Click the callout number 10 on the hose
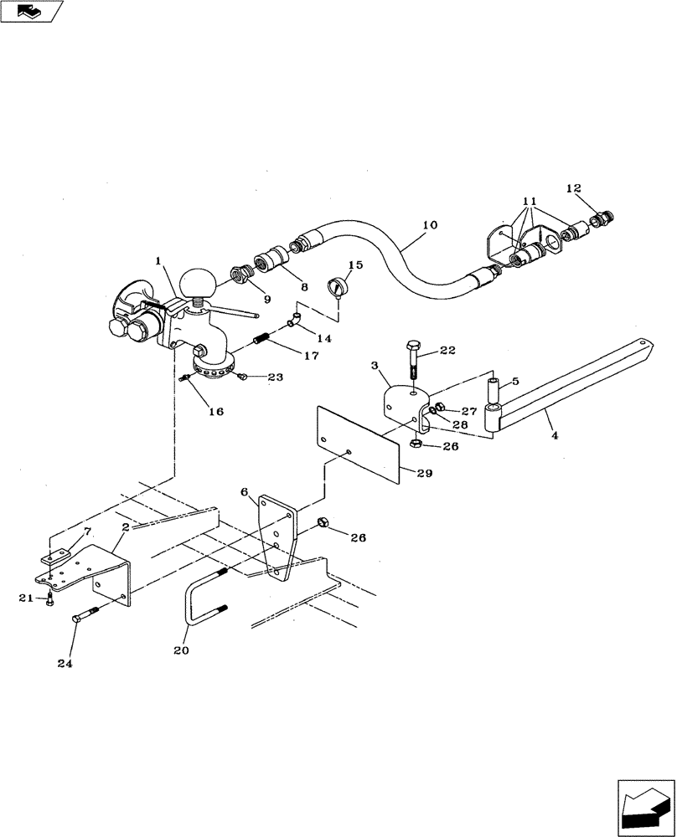(x=430, y=225)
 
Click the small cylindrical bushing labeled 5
(x=494, y=389)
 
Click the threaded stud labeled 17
(x=262, y=341)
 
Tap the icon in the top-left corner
(x=32, y=11)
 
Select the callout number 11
(x=530, y=203)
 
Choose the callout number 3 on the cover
(x=375, y=366)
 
